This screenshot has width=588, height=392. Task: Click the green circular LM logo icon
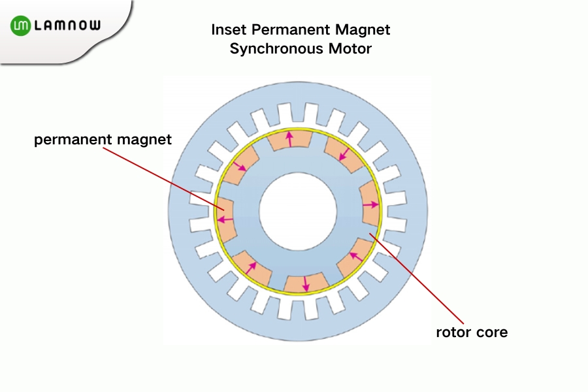click(20, 25)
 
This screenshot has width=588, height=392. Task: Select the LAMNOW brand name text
click(67, 25)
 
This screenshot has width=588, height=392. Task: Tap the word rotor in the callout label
click(453, 332)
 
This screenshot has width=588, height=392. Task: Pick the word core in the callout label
click(492, 332)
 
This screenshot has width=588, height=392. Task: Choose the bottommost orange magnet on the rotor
click(305, 282)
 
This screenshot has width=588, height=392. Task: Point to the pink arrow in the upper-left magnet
click(240, 166)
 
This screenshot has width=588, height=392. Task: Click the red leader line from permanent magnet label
click(163, 176)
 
